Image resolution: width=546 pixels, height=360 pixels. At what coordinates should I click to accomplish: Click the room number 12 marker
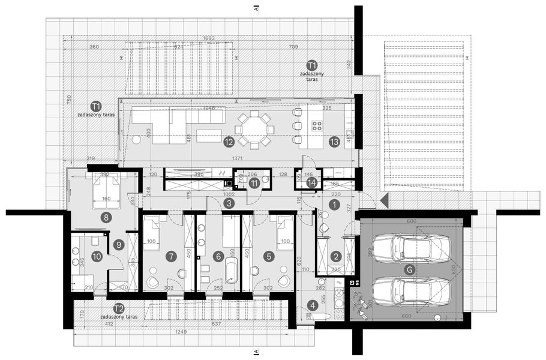(x=228, y=142)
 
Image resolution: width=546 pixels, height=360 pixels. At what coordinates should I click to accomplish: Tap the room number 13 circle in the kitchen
(x=334, y=142)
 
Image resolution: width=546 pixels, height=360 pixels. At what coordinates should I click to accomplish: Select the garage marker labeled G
(x=409, y=269)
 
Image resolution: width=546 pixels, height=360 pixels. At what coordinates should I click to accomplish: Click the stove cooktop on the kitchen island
(x=317, y=125)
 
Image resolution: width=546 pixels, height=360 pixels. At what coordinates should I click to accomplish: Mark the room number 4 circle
(x=312, y=305)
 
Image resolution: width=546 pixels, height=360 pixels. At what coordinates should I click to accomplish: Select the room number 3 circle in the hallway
(x=229, y=203)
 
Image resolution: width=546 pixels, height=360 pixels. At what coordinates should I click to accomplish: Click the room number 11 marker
(x=254, y=184)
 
